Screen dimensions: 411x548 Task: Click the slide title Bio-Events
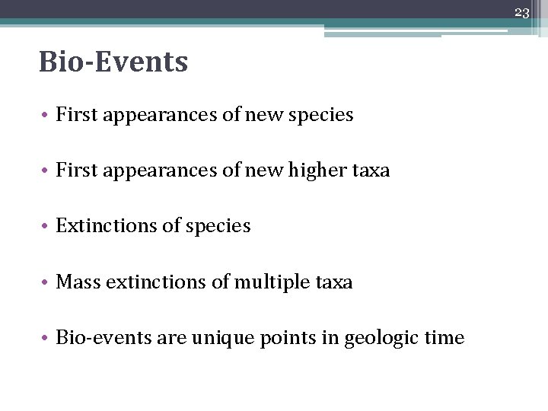tap(113, 62)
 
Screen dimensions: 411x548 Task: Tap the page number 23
tap(521, 12)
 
